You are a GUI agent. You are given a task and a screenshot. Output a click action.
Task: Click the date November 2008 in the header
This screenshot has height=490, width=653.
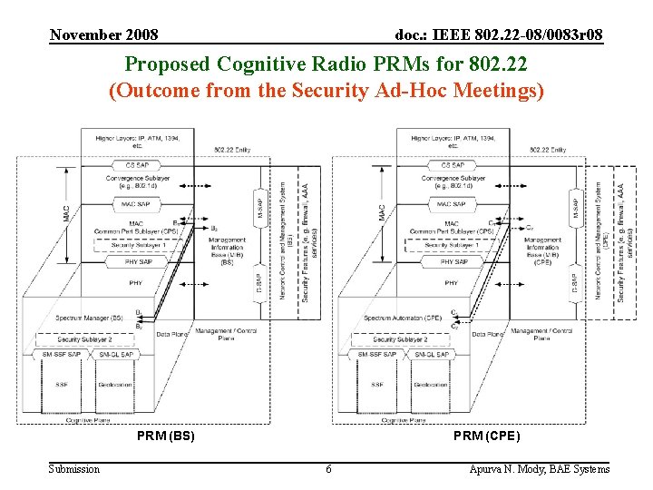point(103,35)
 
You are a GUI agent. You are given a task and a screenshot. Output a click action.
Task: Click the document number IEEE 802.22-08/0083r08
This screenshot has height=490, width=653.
point(499,35)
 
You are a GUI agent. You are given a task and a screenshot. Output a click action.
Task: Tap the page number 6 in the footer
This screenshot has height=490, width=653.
point(328,469)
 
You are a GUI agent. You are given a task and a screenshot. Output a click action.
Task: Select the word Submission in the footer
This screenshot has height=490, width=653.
point(74,469)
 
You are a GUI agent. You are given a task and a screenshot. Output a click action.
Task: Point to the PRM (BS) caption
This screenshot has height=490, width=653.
point(166,436)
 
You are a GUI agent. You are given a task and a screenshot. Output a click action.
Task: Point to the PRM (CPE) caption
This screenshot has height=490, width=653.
point(488,436)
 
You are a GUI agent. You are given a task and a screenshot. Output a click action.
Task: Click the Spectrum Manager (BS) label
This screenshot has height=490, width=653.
point(91,318)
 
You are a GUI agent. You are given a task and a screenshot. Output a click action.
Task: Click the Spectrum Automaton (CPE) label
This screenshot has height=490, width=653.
point(403,318)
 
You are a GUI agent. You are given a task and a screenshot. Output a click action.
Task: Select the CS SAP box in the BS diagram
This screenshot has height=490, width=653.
point(136,165)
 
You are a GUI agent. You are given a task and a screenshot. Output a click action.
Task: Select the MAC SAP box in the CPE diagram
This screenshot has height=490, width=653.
point(452,204)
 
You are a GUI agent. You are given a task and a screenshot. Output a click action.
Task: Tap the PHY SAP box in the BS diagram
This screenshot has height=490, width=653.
point(136,261)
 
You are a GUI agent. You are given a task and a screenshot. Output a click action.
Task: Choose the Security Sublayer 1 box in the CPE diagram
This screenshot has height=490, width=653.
point(452,245)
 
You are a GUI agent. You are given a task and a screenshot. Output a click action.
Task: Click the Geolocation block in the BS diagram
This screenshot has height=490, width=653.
point(115,385)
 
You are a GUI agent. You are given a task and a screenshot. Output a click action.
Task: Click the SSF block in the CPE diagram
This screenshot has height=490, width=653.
point(376,385)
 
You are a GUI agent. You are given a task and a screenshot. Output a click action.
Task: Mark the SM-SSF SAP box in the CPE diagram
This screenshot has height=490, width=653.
point(375,354)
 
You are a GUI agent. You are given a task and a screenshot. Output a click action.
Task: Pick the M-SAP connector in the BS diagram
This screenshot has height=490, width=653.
point(259,207)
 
